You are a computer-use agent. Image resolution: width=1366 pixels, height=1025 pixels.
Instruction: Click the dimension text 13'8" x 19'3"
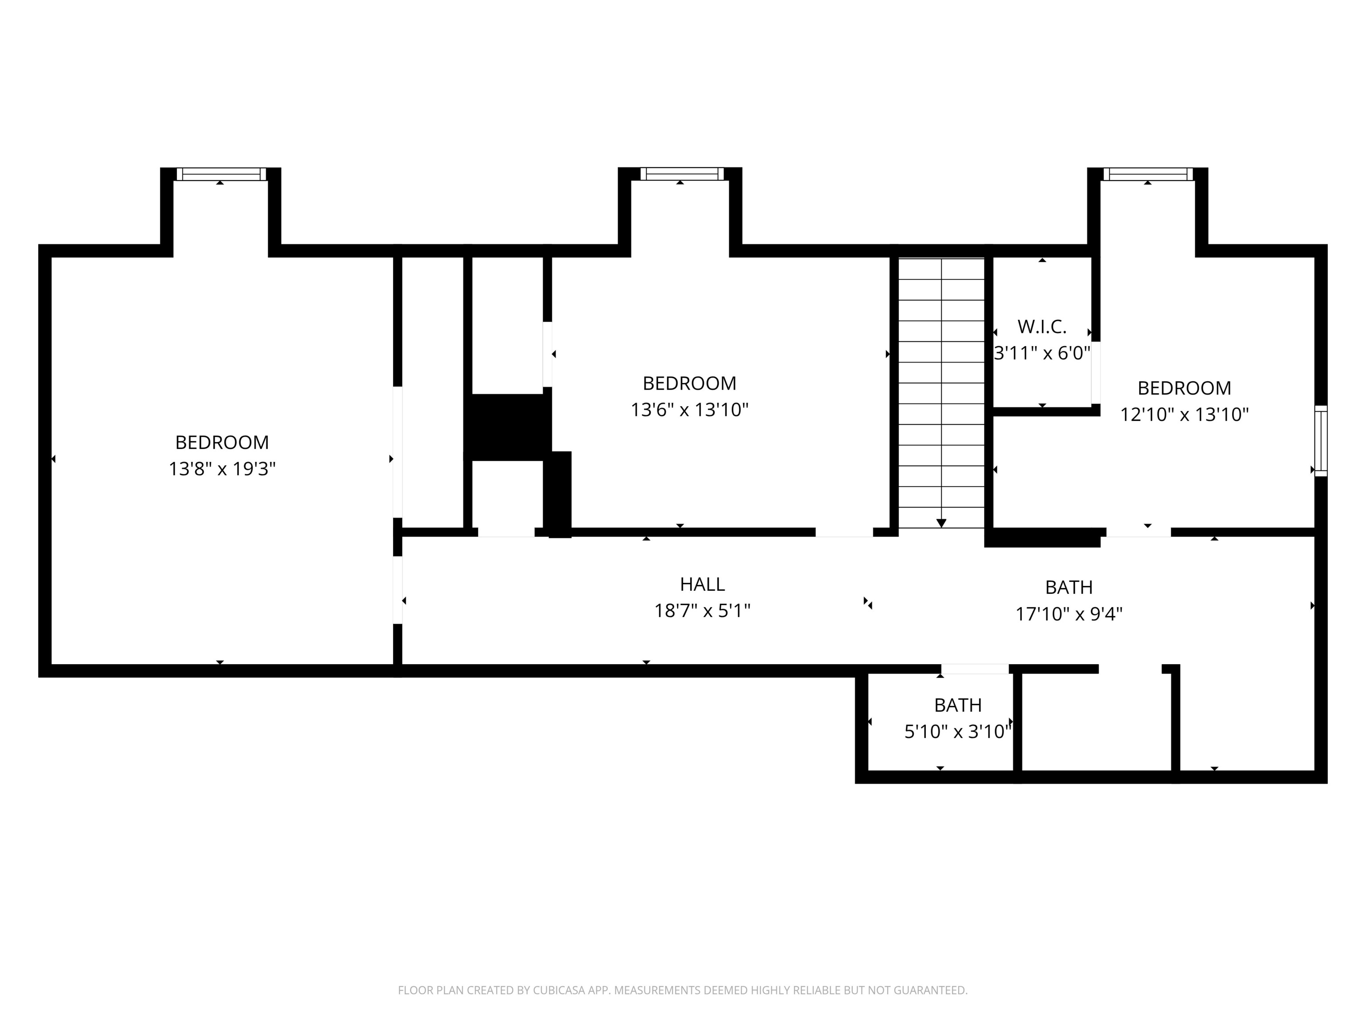pos(222,469)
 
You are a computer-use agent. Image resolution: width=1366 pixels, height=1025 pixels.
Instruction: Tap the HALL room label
pos(702,584)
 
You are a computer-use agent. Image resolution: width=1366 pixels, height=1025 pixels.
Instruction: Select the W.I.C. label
pos(1042,326)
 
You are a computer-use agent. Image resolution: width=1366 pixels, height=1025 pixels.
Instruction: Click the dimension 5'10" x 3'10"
pos(957,731)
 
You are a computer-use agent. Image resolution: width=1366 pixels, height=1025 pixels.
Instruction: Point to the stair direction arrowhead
pos(941,523)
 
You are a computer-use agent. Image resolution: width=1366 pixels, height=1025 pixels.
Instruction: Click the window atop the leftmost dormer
pos(221,174)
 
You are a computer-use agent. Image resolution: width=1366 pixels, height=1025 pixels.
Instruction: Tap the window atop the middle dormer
pos(682,174)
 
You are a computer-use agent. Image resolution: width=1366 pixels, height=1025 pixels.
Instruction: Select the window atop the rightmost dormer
pos(1148,174)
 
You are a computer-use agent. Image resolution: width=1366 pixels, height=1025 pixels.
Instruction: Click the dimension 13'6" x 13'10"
pos(689,410)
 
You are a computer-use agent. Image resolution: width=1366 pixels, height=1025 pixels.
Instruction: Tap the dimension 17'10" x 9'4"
pos(1069,613)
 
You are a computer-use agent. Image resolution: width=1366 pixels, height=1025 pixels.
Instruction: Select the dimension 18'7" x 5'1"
pos(702,610)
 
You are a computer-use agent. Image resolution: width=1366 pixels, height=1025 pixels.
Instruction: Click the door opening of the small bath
pos(975,669)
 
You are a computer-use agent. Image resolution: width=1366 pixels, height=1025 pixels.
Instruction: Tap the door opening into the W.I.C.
pos(1096,372)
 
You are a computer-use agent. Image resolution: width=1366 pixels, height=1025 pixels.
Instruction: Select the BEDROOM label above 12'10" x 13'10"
pos(1184,388)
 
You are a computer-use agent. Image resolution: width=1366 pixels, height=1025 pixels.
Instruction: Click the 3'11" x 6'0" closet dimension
pos(1042,353)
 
